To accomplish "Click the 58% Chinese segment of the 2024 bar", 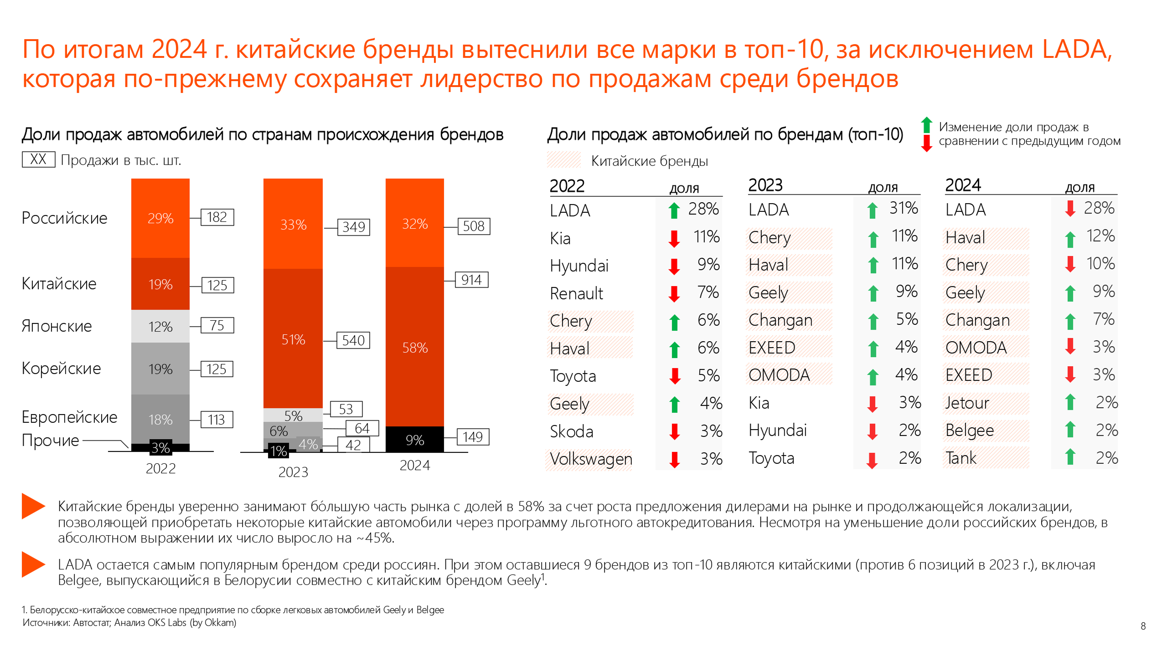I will [x=414, y=347].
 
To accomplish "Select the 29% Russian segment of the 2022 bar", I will [x=160, y=218].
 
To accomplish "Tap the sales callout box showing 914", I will [x=471, y=280].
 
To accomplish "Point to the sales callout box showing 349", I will [x=353, y=227].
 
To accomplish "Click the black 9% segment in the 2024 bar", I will [x=414, y=440].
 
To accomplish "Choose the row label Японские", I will [x=57, y=326].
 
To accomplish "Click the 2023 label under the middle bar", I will [x=293, y=472].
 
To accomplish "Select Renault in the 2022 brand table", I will [x=576, y=294].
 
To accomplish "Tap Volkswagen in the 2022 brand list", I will [x=591, y=459].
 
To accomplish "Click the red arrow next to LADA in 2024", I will [x=1070, y=209].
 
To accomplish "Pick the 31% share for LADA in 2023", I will [x=903, y=208].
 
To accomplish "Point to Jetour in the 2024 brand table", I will [x=967, y=403].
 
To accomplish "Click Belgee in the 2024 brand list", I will [x=970, y=430].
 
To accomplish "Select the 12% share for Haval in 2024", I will [x=1100, y=236].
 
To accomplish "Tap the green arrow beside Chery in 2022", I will [x=674, y=322].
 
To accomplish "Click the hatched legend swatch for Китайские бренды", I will [x=563, y=160].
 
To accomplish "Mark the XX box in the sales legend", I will [x=39, y=159].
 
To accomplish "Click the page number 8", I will [x=1143, y=626].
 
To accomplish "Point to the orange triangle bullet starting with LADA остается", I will [x=33, y=564].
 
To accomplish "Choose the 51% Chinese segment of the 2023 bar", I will [x=293, y=339].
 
